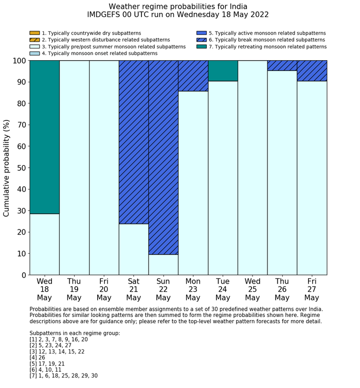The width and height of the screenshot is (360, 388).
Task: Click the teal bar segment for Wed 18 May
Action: [x=44, y=137]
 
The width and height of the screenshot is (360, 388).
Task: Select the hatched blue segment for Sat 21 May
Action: [x=134, y=142]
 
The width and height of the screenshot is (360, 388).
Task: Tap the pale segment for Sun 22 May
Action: [x=164, y=264]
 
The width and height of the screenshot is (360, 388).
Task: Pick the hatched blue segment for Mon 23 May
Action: [x=193, y=76]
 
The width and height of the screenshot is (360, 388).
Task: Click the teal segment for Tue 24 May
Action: [x=223, y=70]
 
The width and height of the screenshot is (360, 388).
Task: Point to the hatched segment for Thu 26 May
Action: [x=282, y=65]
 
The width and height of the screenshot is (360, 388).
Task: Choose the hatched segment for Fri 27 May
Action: [x=312, y=70]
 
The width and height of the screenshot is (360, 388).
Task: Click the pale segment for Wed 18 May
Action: [x=44, y=244]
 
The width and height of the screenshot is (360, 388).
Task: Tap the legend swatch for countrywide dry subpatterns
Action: [x=34, y=33]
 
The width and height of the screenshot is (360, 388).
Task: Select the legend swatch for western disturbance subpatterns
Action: [x=34, y=40]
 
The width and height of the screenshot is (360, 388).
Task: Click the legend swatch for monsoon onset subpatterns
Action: [x=34, y=54]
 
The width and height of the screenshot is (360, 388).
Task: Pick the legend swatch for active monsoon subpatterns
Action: [x=202, y=33]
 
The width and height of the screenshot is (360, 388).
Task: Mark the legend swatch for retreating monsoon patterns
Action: [x=202, y=47]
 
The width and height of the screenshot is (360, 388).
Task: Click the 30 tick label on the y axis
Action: [x=21, y=211]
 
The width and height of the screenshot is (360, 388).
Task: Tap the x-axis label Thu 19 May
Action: [x=74, y=289]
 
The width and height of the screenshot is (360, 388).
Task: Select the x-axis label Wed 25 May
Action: [x=253, y=289]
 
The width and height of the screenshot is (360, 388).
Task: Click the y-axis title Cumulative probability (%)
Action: [x=7, y=168]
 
